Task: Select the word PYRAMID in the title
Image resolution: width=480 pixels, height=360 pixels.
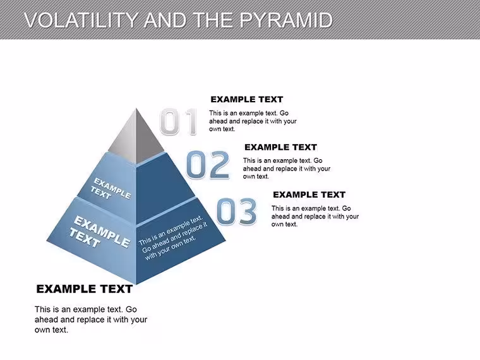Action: coord(286,20)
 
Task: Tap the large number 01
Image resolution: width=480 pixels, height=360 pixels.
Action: coord(178,121)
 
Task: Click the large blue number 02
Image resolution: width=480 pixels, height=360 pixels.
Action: coord(208,165)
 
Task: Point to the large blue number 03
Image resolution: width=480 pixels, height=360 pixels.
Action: coord(236,211)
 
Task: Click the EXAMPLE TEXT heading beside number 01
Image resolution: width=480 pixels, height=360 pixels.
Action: coord(247,100)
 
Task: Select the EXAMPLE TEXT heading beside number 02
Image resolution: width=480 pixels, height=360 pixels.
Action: coord(280,147)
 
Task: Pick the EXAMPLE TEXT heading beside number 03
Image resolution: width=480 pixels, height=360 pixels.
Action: coord(309,195)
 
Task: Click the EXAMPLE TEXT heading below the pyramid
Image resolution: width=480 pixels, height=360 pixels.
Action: coord(84,289)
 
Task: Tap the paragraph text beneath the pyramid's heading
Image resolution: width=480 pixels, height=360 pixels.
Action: coord(91,320)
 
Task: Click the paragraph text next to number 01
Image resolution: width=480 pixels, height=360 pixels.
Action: coord(253,121)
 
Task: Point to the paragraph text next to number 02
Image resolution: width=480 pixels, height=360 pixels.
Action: coord(287,169)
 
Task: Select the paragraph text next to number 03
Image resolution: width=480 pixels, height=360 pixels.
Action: coord(315,216)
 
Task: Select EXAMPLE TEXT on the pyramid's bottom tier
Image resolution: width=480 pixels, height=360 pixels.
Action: coord(99,232)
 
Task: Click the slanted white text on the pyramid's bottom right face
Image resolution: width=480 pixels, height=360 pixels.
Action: coord(173,238)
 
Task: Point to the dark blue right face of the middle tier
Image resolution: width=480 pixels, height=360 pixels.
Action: coord(162,190)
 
